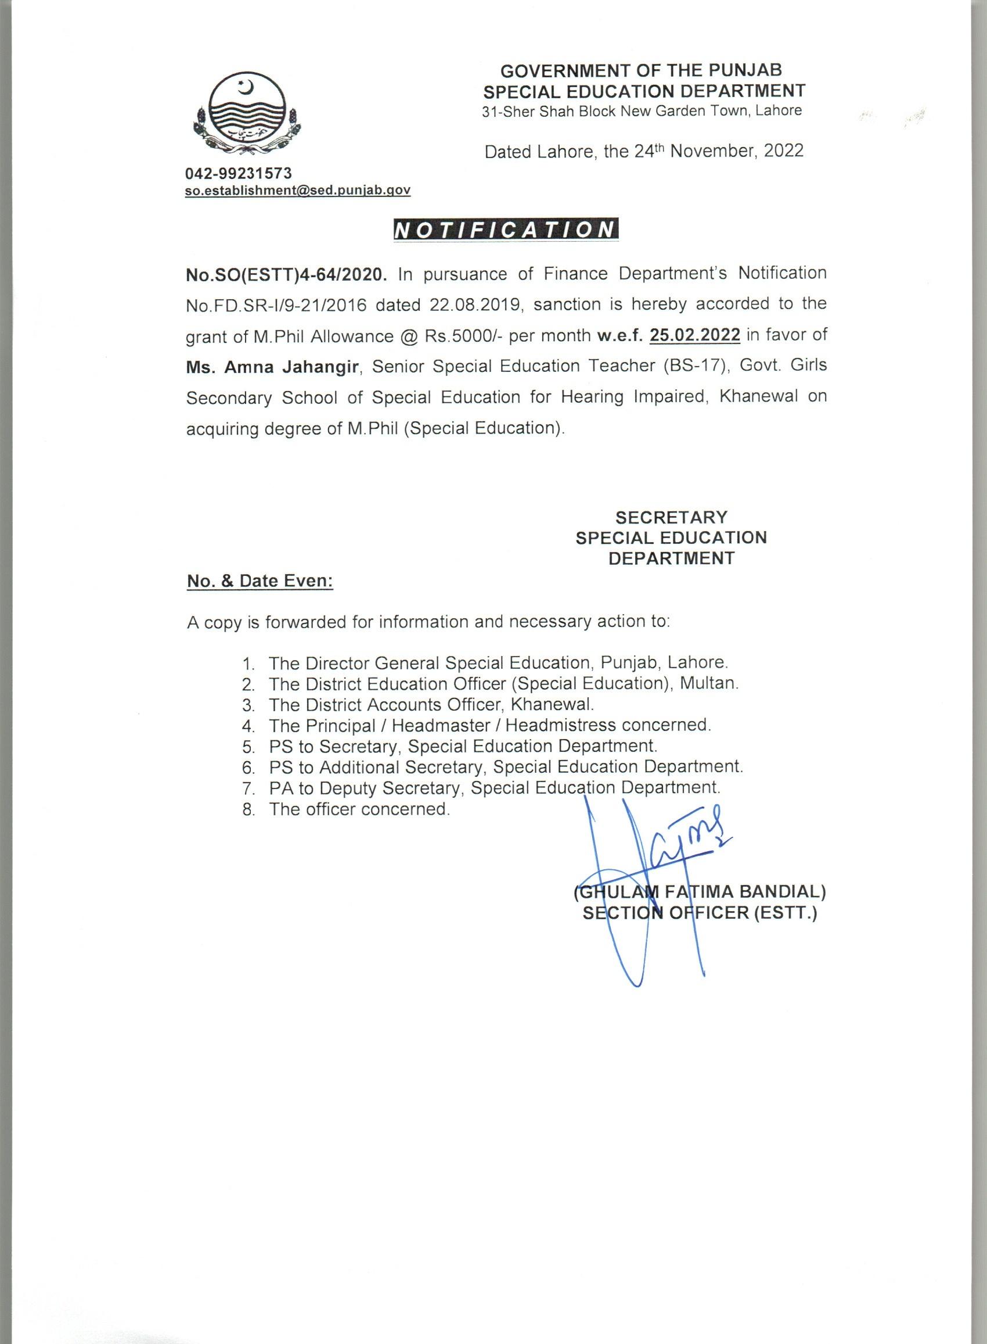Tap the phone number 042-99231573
pyautogui.click(x=239, y=173)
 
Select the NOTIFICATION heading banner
pyautogui.click(x=506, y=230)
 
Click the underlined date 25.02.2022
pyautogui.click(x=695, y=335)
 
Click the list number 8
pyautogui.click(x=248, y=810)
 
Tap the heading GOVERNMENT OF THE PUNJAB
pyautogui.click(x=641, y=70)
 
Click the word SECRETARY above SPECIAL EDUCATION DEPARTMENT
pyautogui.click(x=671, y=517)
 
